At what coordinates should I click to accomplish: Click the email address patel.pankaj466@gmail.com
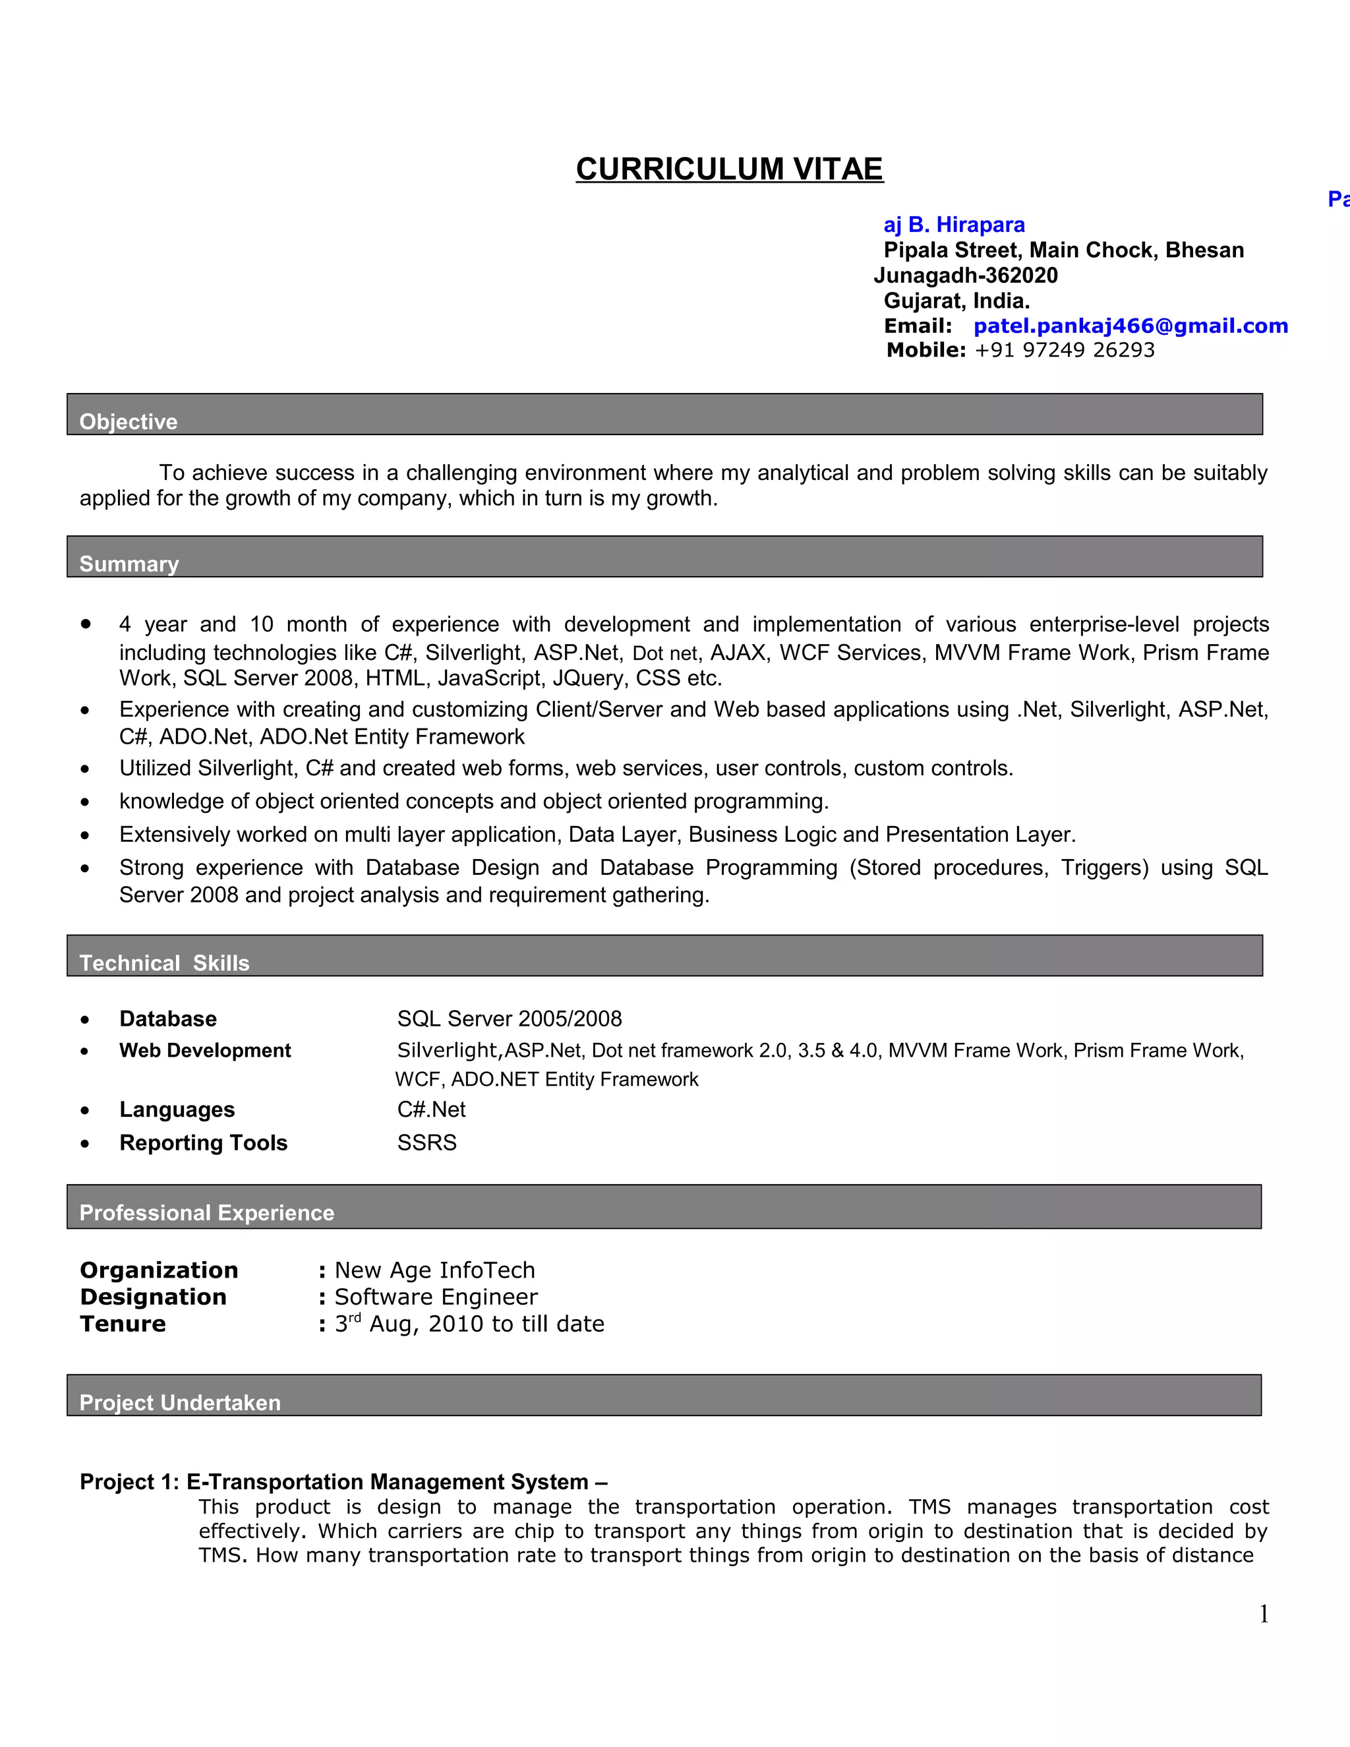click(1130, 326)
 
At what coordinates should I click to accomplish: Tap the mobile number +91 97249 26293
click(1064, 349)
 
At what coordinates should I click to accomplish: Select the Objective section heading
click(128, 421)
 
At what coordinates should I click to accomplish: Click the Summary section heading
click(129, 564)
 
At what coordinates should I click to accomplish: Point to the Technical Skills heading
click(164, 962)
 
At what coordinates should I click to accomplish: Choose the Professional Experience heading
click(206, 1212)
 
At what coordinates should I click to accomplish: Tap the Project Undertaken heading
click(180, 1402)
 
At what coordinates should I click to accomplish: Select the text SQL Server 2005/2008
click(509, 1019)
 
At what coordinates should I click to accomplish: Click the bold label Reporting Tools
click(203, 1142)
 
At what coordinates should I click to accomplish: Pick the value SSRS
click(426, 1142)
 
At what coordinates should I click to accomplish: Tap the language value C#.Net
click(431, 1110)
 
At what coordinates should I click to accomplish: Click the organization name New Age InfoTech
click(434, 1270)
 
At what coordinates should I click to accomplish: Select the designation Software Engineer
click(435, 1297)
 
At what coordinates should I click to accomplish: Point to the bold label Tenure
click(123, 1324)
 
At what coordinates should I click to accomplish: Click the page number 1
click(1264, 1614)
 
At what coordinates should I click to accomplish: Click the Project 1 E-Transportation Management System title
click(343, 1481)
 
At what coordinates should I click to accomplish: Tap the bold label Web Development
click(205, 1050)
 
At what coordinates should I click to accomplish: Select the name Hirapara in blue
click(980, 225)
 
